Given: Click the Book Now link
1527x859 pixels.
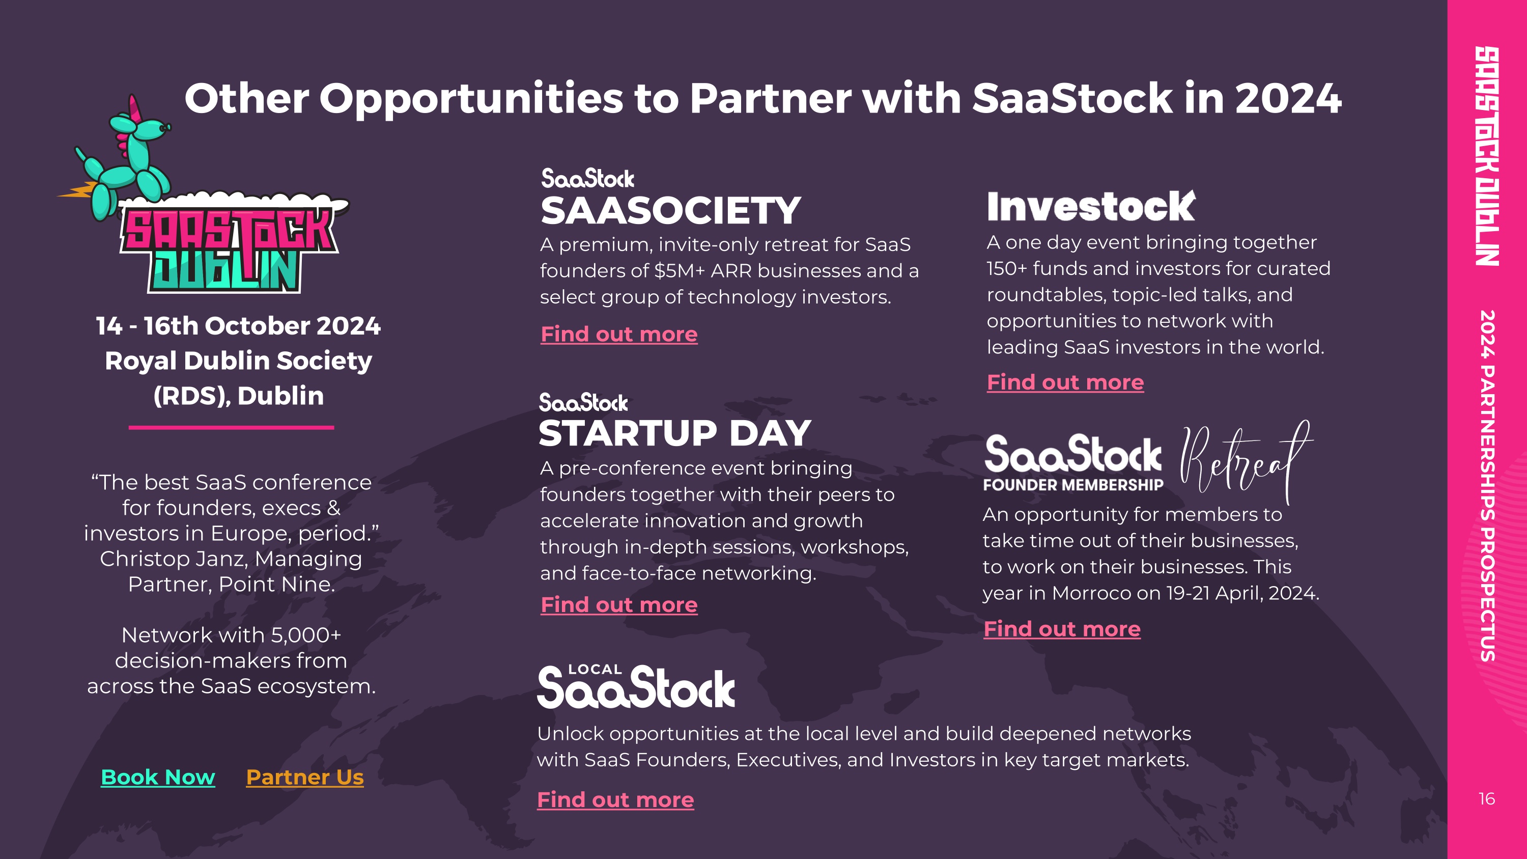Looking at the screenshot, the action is point(158,777).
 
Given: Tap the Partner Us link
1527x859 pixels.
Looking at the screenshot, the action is point(305,777).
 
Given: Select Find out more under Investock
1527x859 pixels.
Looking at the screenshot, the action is point(1065,382).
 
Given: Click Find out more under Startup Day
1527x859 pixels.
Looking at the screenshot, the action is point(619,605).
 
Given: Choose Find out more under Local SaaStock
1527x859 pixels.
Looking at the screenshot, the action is point(615,800).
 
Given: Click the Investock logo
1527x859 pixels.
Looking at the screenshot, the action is point(1091,206).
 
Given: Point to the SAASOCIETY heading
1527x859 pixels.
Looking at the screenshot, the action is point(671,210).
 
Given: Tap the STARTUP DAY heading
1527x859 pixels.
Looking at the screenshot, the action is point(674,433).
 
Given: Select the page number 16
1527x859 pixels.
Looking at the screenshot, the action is point(1487,798).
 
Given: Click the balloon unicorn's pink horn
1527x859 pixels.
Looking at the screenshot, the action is point(135,107).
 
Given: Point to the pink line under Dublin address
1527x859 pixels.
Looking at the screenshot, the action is point(231,427).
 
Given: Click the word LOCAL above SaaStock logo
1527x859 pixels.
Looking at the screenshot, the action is point(595,669).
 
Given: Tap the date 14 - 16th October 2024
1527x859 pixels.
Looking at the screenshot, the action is point(238,325).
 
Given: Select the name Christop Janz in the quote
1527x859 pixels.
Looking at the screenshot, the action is point(172,559).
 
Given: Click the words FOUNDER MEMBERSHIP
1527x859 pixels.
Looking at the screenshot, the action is point(1073,485).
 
